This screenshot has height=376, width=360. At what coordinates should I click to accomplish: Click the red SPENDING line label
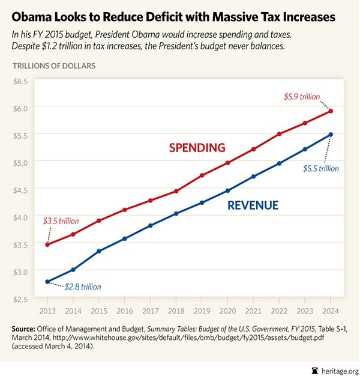click(197, 148)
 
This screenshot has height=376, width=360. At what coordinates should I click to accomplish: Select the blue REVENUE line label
click(253, 205)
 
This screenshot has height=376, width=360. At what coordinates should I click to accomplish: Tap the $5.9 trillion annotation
click(302, 96)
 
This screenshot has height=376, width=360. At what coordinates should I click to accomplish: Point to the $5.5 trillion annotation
click(320, 169)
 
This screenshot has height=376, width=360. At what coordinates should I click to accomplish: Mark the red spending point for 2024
click(331, 111)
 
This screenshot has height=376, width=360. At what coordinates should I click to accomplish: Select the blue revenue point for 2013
click(47, 282)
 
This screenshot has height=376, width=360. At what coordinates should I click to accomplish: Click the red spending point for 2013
click(47, 244)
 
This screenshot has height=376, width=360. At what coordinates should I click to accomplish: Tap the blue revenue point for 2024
click(331, 135)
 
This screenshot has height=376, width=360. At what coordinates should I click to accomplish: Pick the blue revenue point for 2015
click(98, 251)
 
